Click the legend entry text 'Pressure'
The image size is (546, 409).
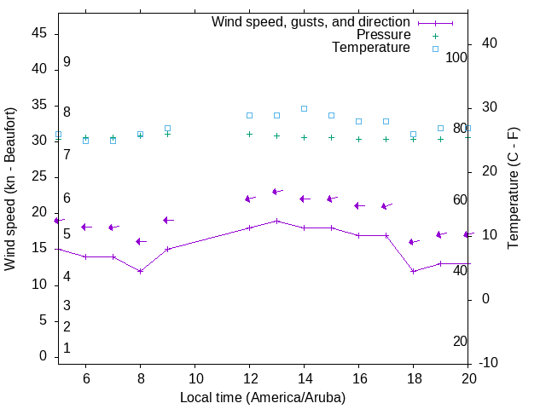coord(383,35)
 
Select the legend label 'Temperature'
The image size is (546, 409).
coord(371,48)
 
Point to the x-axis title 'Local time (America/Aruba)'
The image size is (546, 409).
coord(263,397)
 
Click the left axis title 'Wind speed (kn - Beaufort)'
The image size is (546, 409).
coord(10,189)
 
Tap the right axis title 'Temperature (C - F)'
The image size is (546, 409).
coord(513,189)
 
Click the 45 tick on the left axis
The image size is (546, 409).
coord(39,33)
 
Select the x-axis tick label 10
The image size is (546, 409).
coord(195,378)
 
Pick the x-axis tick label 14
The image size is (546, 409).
coord(304,378)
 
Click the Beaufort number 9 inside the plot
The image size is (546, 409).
coord(67,62)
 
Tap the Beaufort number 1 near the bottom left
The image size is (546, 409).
coord(67,349)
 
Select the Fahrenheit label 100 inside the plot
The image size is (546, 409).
coord(457,58)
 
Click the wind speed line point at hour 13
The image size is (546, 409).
coord(276,221)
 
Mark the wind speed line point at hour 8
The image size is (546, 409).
coord(140,271)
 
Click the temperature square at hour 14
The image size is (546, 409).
coord(304,108)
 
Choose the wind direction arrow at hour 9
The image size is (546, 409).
coord(168,221)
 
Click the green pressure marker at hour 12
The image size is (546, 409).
coord(249,134)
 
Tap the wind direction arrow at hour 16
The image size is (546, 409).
coord(359,205)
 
